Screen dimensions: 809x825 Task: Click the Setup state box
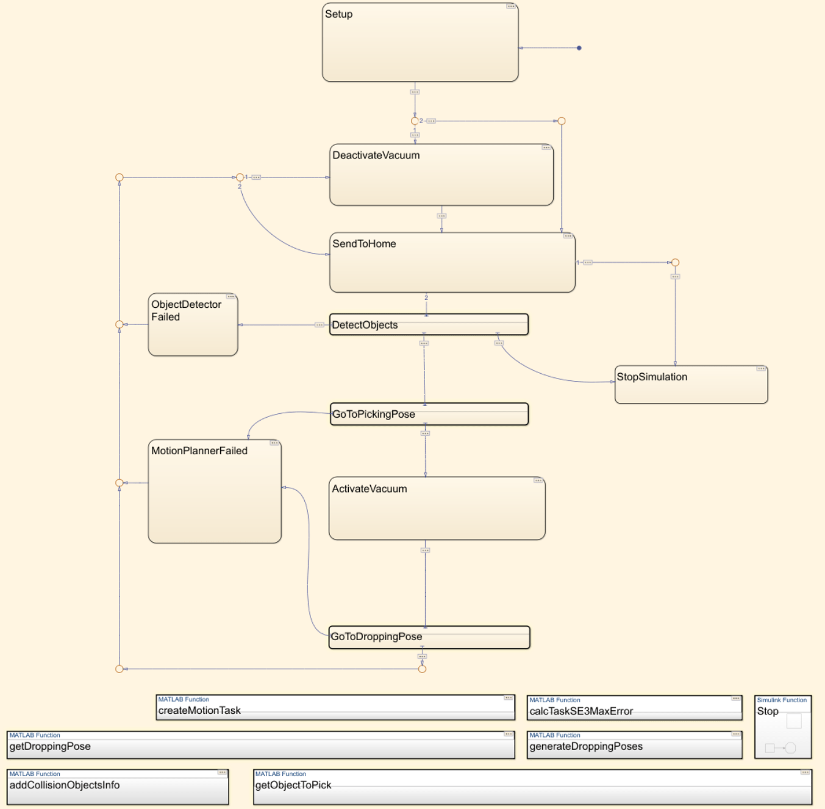[x=420, y=43]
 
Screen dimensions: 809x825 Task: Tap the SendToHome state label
[x=364, y=244]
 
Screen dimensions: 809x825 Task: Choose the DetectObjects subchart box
[x=429, y=325]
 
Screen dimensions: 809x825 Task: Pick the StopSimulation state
[x=691, y=385]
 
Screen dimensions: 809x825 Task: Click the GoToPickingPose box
[x=429, y=414]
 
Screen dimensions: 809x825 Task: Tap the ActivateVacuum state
[x=437, y=508]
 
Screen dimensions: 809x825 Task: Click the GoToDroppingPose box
[x=429, y=637]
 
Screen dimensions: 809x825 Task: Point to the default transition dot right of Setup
[x=579, y=48]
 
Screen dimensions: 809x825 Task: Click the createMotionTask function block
[x=335, y=708]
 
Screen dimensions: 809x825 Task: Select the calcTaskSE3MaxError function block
[x=634, y=709]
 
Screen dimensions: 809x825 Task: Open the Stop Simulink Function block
[x=782, y=727]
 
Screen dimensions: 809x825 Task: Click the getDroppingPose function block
[x=260, y=746]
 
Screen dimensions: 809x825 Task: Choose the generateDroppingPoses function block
[x=634, y=746]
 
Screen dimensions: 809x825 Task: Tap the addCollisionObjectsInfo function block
[x=117, y=786]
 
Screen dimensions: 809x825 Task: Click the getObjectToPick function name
[x=293, y=785]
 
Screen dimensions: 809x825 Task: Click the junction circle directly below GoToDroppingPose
[x=422, y=669]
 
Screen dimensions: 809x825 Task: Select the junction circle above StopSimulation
[x=675, y=263]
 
